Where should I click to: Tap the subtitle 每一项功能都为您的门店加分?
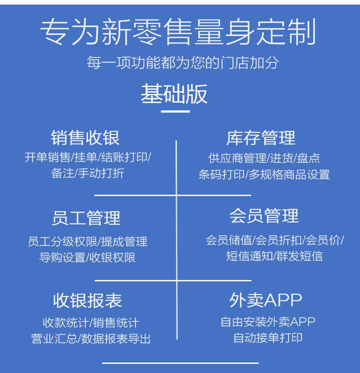point(182,62)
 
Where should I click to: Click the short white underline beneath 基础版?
point(175,111)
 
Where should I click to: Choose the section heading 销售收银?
point(85,137)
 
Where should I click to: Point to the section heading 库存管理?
point(261,137)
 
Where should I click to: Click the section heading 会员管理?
point(264,215)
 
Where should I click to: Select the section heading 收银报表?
point(87,300)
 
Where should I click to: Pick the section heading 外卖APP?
point(266,300)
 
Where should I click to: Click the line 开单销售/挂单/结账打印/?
point(87,158)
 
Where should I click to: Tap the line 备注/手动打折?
point(87,173)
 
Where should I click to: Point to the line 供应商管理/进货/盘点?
point(264,158)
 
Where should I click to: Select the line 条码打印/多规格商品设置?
point(264,174)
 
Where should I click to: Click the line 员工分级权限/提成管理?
point(87,241)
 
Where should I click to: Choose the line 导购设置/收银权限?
point(87,257)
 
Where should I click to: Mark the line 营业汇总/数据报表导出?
point(91,339)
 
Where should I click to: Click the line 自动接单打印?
point(267,338)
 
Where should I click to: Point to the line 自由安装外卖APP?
point(267,322)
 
